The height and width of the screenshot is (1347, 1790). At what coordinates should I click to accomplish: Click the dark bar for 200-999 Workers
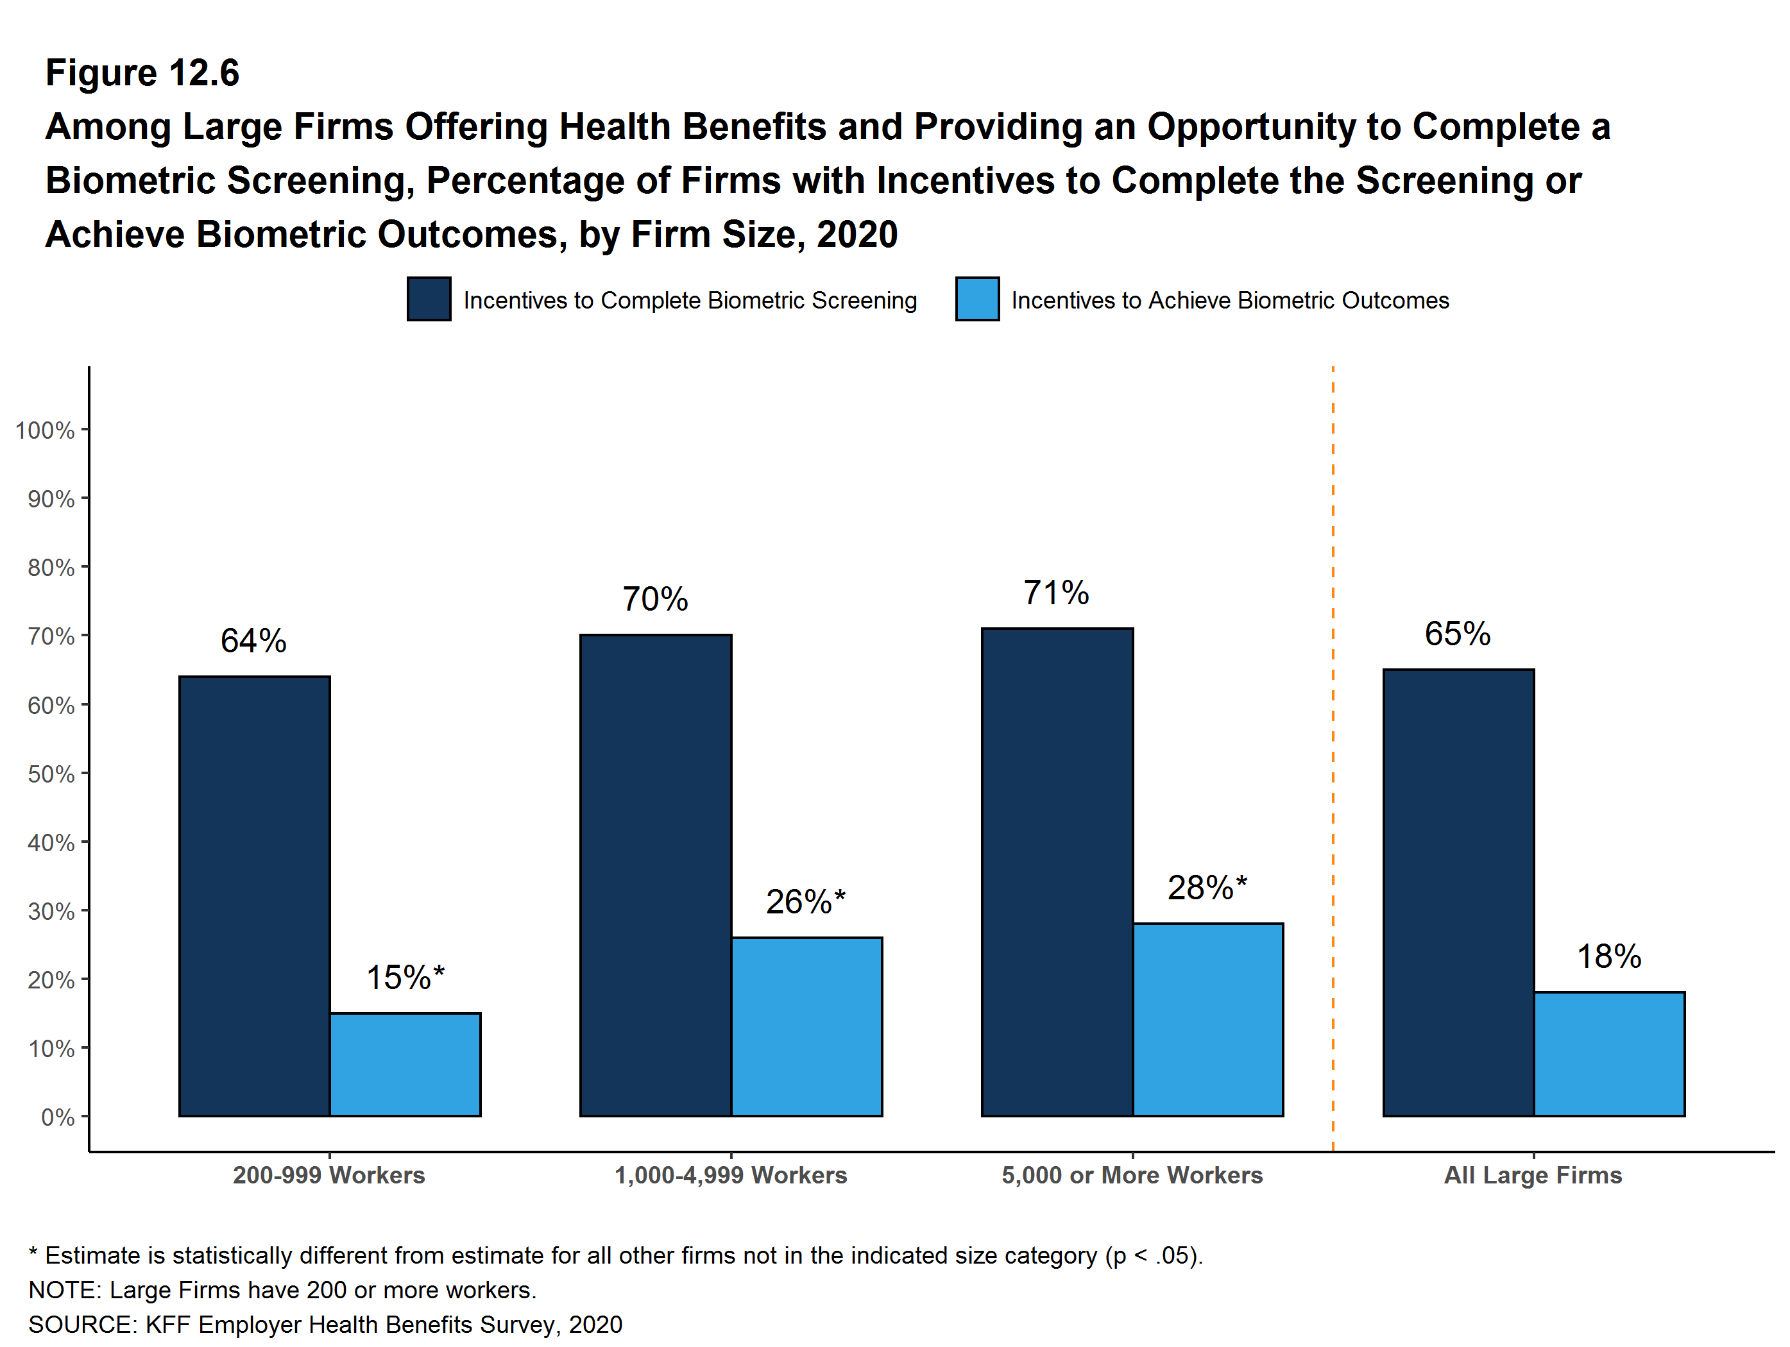pos(254,895)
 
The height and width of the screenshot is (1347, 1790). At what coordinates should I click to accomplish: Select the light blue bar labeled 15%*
pos(405,1064)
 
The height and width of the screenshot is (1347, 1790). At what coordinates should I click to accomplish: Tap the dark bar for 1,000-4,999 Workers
pos(656,876)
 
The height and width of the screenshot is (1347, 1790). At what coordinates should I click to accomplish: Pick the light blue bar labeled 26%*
pos(807,1027)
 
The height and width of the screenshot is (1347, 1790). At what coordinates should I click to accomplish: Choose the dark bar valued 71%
pos(1057,872)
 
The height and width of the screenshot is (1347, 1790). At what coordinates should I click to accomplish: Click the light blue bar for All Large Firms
pos(1608,1053)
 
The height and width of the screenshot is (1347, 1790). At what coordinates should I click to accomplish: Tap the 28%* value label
pos(1207,888)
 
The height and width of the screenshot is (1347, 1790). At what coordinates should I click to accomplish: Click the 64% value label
pos(253,641)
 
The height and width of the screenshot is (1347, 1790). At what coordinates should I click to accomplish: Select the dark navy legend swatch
pos(429,300)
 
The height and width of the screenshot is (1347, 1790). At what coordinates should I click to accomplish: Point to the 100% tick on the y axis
pos(46,430)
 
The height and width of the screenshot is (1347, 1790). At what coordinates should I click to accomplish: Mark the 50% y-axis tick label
pos(51,774)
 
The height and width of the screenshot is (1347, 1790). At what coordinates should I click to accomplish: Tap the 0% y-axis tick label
pos(58,1117)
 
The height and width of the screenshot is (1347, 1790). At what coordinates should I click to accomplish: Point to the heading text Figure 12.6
pos(142,73)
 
